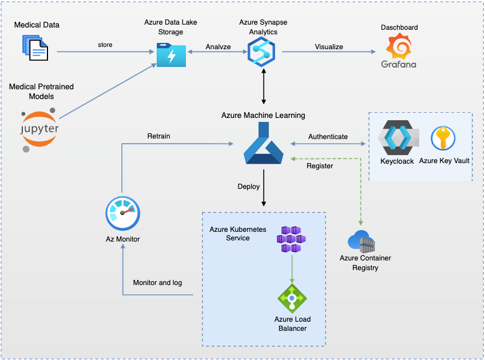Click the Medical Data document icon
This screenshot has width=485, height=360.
click(35, 48)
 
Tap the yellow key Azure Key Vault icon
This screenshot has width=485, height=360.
click(443, 139)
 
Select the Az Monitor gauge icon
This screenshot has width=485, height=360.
click(122, 213)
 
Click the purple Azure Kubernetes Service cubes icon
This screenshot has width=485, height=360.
click(292, 239)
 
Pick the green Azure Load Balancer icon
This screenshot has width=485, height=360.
click(292, 298)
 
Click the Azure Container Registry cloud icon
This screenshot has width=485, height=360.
click(361, 242)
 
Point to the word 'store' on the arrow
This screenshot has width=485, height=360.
click(105, 45)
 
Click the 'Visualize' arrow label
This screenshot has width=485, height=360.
click(329, 46)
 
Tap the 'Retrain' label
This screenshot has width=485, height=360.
click(158, 136)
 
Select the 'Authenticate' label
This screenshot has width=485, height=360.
click(328, 137)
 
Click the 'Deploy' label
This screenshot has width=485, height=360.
click(249, 187)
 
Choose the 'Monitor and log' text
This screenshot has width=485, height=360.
click(157, 283)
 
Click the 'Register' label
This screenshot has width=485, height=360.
click(320, 166)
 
